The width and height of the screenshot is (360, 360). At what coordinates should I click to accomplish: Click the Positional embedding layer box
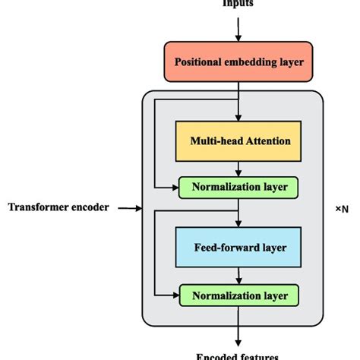point(238,62)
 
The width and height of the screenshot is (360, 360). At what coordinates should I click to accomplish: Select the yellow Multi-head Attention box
point(238,141)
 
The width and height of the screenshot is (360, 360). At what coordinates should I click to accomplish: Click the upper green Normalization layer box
point(238,186)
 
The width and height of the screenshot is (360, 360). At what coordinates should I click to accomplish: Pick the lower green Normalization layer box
point(238,294)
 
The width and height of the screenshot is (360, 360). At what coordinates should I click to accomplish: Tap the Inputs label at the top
point(238,3)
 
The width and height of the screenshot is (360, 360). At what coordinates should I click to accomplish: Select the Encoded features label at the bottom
point(238,355)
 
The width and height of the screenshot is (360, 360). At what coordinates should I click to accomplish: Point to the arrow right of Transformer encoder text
point(129,207)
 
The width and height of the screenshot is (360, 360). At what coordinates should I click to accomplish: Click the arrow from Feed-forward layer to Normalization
point(238,276)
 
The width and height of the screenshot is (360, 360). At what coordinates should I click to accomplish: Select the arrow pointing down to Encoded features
point(238,327)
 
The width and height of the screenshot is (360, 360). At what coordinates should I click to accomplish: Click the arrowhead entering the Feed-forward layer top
point(238,224)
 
